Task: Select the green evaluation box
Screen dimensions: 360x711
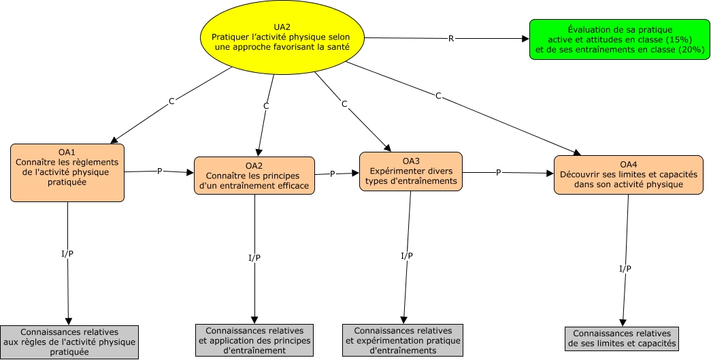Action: coord(619,39)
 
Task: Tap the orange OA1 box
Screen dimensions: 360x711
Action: coord(67,172)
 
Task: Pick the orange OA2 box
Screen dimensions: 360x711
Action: coord(254,175)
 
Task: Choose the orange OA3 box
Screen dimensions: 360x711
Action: coord(411,171)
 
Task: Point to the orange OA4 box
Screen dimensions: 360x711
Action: coord(627,174)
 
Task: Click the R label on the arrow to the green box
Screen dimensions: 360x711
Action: coord(450,39)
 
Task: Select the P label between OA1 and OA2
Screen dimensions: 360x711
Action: coord(159,171)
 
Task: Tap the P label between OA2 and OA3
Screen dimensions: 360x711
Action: coord(333,174)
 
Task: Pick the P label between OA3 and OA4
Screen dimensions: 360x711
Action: coord(498,173)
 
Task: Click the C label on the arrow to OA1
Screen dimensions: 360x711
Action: coord(171,101)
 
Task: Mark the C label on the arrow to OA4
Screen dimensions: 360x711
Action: coord(438,96)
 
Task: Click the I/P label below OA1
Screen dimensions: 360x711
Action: coord(67,254)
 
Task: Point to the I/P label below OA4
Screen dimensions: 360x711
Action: coord(625,269)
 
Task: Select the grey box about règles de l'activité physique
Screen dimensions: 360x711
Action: coord(69,342)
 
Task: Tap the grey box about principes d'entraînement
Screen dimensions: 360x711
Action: coord(254,340)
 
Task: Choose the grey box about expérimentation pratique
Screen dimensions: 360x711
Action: coord(403,340)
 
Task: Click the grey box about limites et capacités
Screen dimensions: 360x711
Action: coord(622,338)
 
